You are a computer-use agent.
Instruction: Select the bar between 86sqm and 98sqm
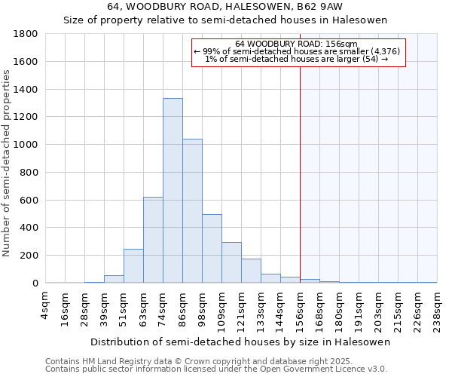point(192,210)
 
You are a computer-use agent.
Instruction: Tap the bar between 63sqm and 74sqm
point(153,240)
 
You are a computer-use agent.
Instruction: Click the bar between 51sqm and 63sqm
point(133,265)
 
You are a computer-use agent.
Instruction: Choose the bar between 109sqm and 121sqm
point(231,262)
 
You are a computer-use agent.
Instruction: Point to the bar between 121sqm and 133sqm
point(251,271)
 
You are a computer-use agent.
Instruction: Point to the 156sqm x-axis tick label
point(300,308)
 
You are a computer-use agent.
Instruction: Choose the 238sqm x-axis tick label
point(437,308)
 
